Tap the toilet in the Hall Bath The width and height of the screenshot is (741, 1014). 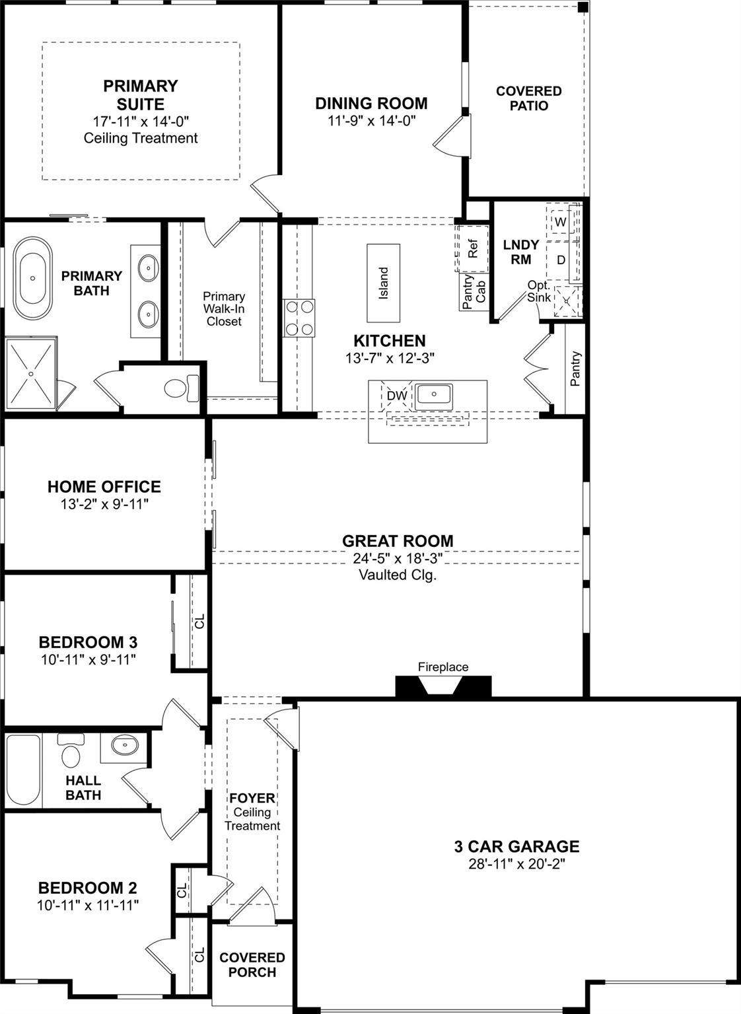click(69, 750)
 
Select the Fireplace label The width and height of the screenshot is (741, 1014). click(442, 667)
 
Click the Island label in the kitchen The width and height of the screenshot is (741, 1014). click(384, 283)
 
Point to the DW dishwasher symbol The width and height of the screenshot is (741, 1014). click(397, 396)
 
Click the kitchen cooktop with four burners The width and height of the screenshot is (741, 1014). click(299, 318)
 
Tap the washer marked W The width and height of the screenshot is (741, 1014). click(560, 222)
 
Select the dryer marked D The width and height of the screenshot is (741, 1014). click(561, 260)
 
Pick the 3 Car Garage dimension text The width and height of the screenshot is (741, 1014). click(516, 864)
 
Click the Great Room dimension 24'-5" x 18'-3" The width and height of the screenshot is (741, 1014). click(398, 558)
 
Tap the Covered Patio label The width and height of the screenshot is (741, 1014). click(528, 98)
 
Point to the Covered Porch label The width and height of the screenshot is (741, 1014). click(252, 964)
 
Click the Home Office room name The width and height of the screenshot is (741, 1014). click(104, 487)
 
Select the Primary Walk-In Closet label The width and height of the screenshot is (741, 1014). click(224, 309)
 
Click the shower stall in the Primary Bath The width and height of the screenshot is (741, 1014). click(31, 375)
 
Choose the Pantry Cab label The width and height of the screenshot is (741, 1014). click(474, 292)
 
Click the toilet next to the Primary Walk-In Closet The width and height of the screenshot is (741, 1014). click(180, 387)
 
